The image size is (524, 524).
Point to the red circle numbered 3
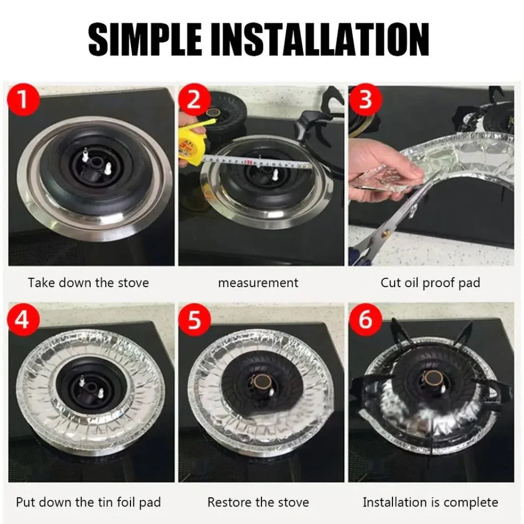(x=365, y=100)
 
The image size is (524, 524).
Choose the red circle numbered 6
(x=365, y=320)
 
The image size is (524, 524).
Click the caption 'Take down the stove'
(x=88, y=283)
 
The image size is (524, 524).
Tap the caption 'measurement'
(x=258, y=283)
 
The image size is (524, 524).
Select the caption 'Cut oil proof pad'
(x=430, y=283)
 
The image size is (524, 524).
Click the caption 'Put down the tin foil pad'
(x=88, y=502)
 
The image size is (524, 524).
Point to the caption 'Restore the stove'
(x=258, y=502)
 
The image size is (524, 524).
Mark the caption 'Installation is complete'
(x=430, y=502)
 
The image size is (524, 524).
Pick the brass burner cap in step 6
(x=433, y=378)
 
